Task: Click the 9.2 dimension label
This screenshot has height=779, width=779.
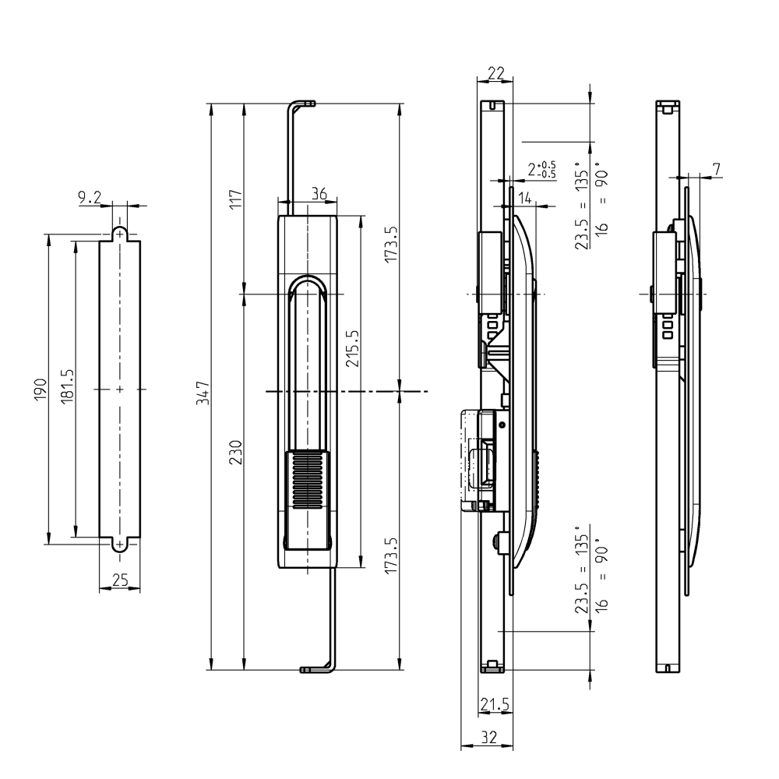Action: pos(90,198)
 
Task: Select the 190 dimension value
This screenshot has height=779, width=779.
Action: pos(41,389)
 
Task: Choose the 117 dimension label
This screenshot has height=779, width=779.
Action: pos(236,199)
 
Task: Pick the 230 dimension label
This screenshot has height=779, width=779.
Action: pos(236,453)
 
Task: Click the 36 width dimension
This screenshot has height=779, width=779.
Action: pos(319,194)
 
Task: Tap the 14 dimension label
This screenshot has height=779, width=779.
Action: pos(525,199)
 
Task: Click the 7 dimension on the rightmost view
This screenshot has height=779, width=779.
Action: pos(717,168)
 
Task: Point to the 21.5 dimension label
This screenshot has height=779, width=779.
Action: pos(495,705)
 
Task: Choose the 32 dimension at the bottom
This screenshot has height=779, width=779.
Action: pos(488,737)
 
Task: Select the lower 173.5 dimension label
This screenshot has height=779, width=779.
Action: pos(391,554)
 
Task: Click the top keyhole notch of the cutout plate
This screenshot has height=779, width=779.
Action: pos(119,232)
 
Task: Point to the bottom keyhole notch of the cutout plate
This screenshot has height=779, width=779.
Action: pos(119,545)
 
